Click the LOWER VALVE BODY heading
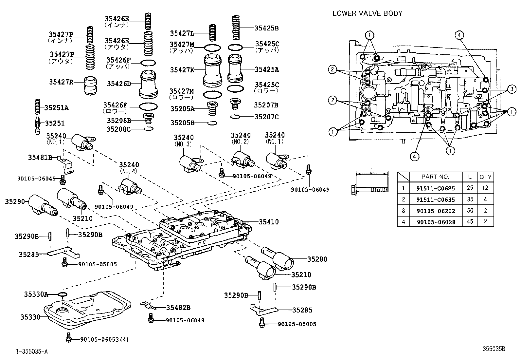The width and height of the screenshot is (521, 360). click(367, 13)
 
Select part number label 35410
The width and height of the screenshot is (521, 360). click(269, 222)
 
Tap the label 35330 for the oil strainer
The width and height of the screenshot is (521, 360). click(30, 317)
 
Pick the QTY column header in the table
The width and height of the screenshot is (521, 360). click(485, 177)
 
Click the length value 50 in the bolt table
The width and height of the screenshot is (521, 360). click(470, 211)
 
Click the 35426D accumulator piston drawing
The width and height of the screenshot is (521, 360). click(149, 84)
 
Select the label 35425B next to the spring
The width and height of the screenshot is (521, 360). click(266, 28)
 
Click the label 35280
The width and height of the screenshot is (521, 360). click(317, 259)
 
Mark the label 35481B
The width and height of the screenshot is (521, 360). click(40, 158)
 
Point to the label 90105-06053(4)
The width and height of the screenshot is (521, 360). click(104, 339)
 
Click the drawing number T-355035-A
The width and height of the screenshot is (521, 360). click(32, 352)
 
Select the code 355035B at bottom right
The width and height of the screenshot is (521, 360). click(494, 349)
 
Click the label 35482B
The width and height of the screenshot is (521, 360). click(178, 308)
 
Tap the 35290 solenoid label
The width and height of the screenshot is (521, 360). click(15, 201)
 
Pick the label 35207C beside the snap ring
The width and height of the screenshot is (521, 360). click(266, 116)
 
